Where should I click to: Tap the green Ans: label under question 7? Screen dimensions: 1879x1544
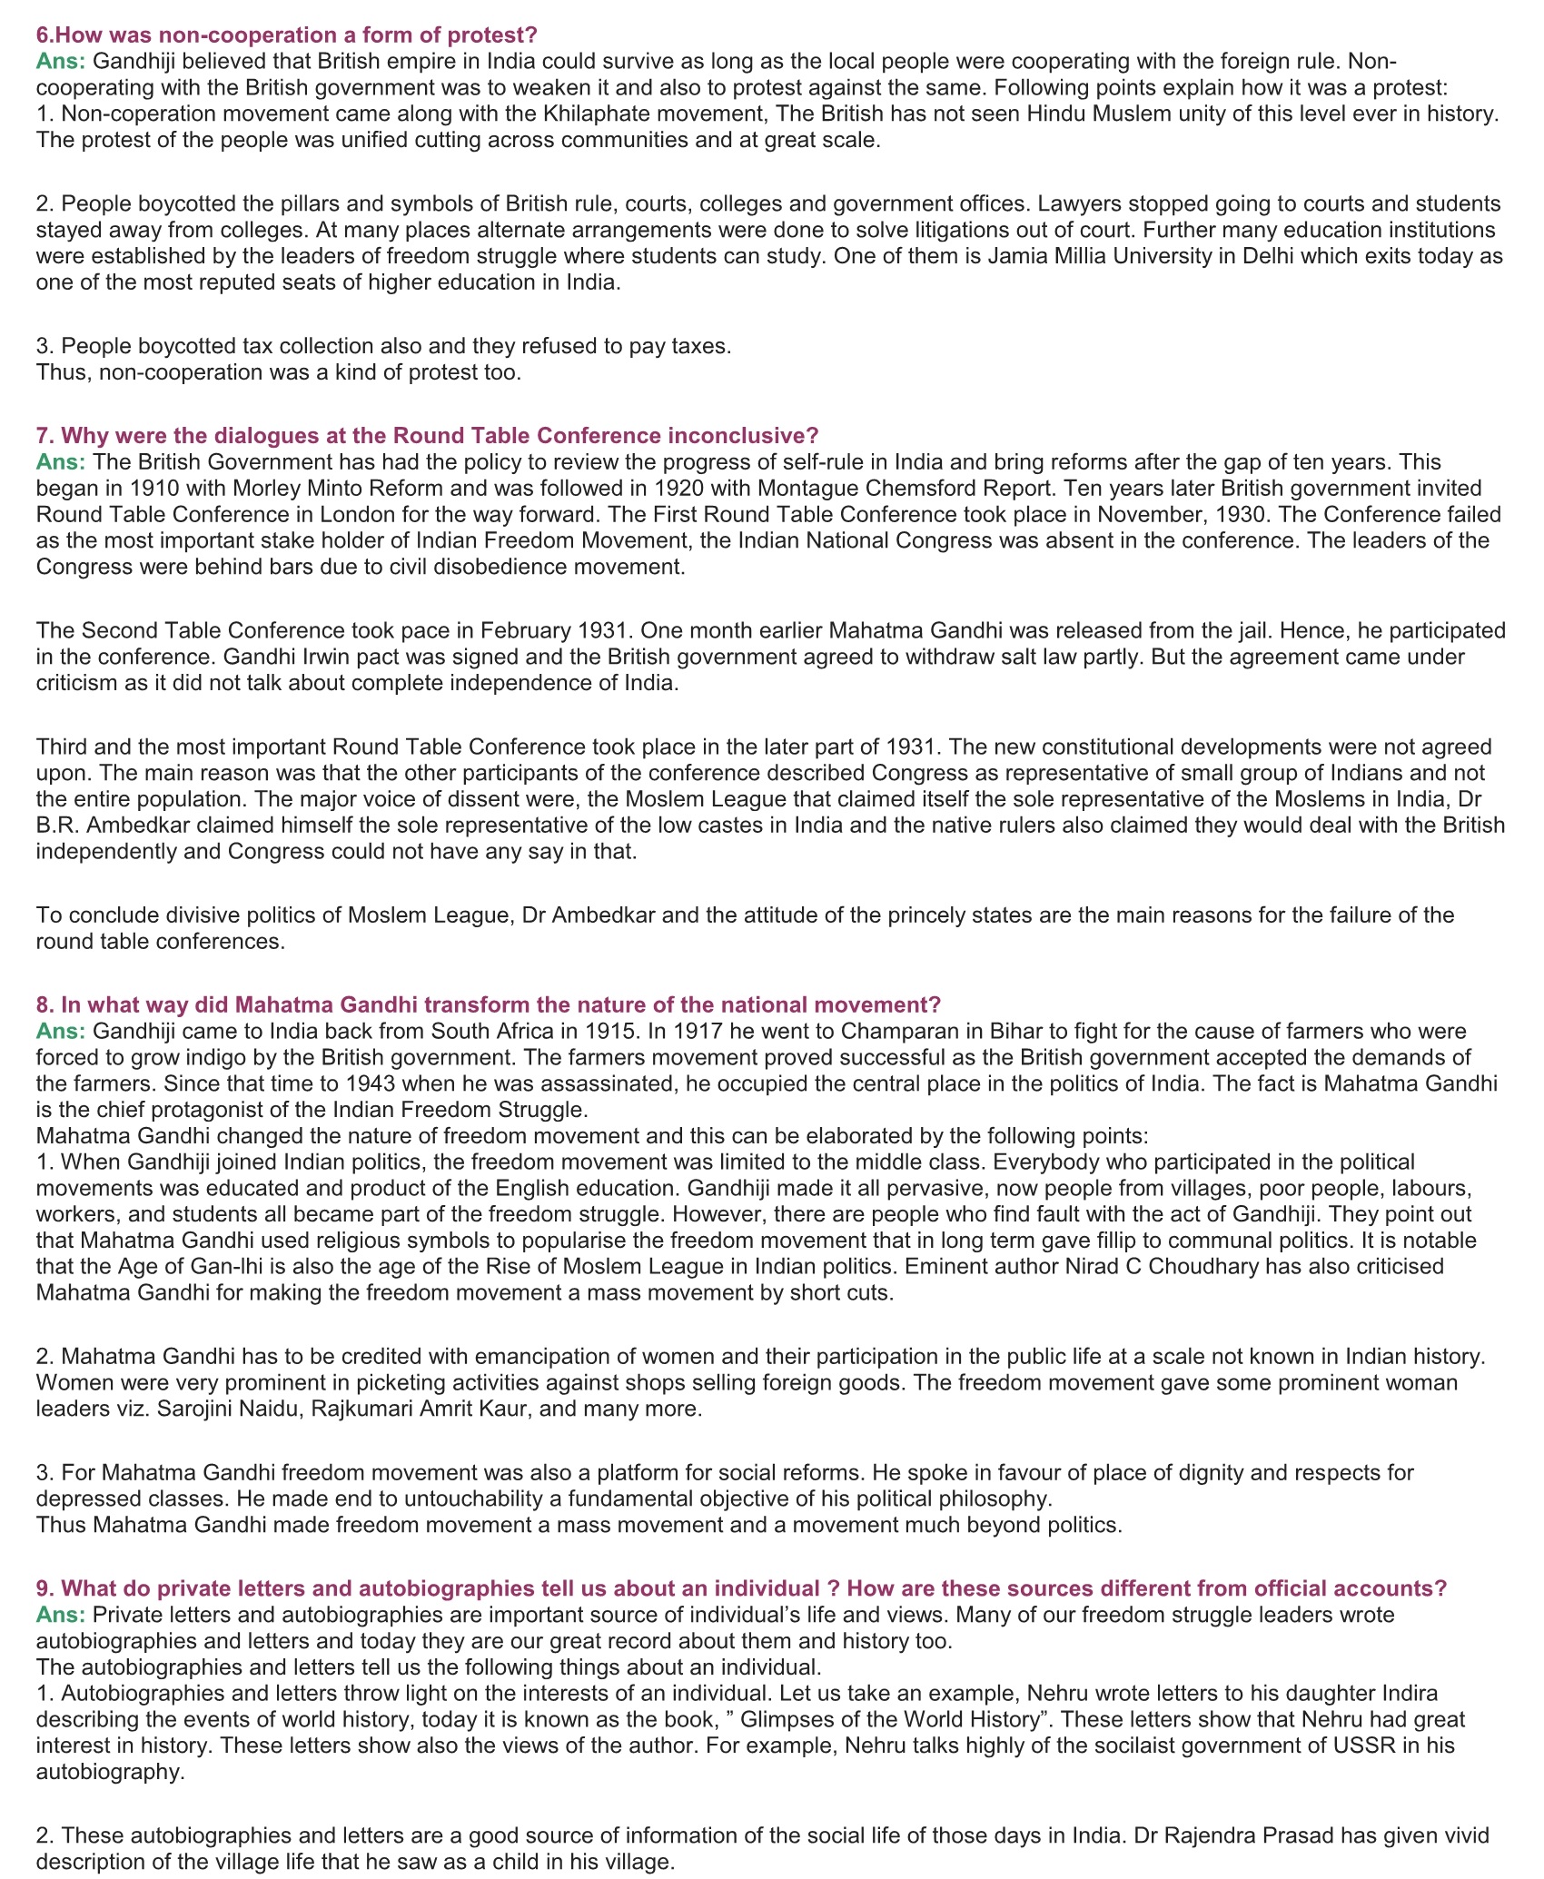coord(61,461)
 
